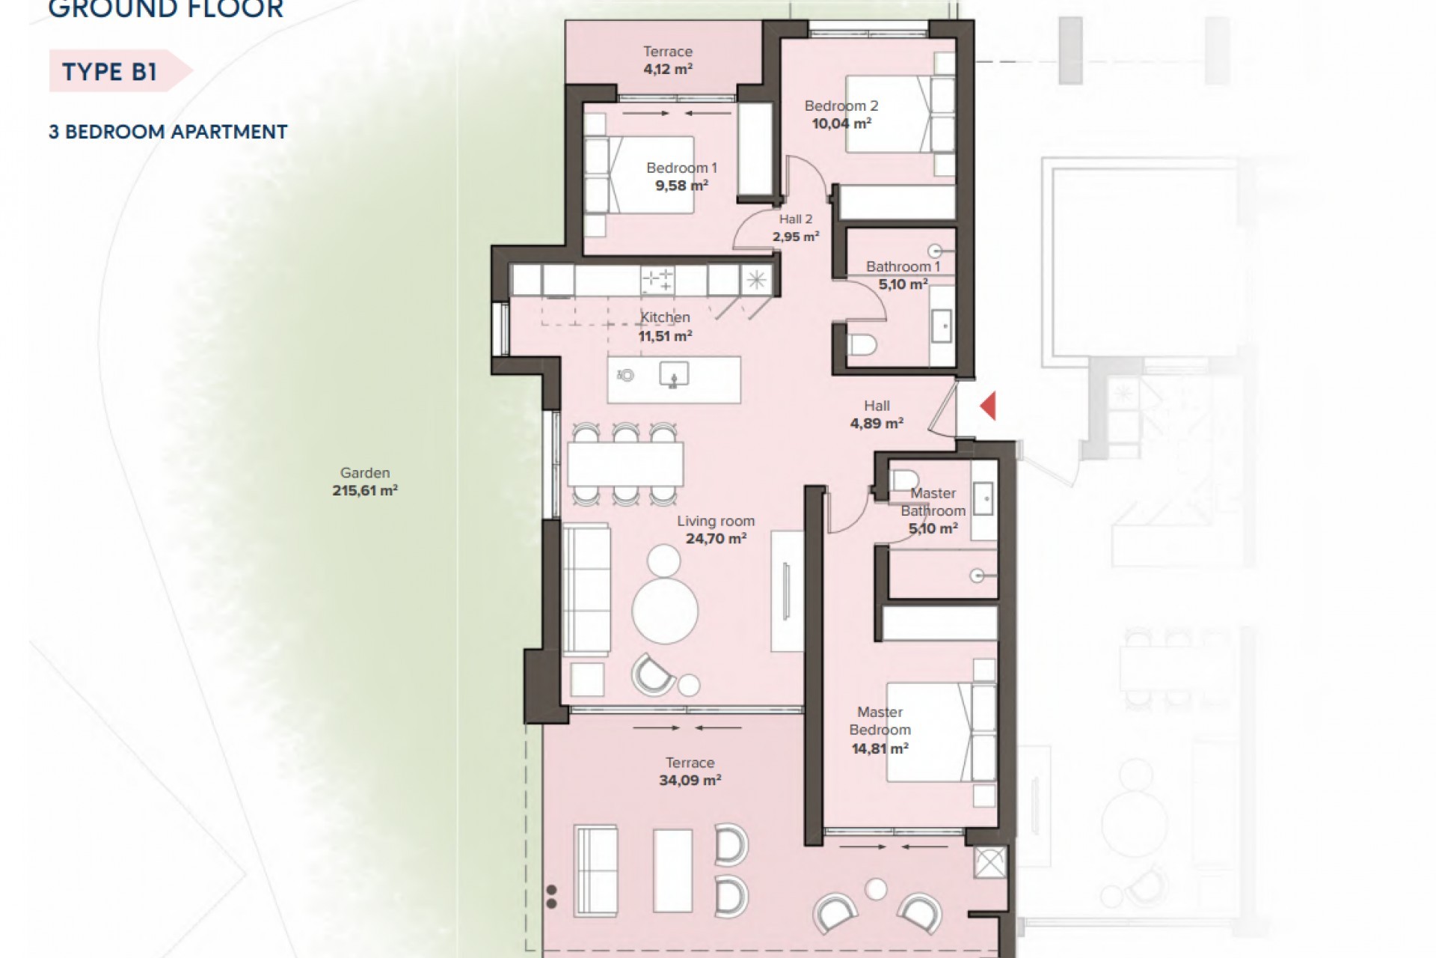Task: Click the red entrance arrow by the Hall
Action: [988, 406]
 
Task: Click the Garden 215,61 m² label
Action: [365, 482]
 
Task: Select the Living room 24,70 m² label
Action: [716, 529]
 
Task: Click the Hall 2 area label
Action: [796, 228]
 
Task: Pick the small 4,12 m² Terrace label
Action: [668, 60]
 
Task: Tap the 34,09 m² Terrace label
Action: [690, 772]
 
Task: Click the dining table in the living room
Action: [625, 463]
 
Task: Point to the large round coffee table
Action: [665, 611]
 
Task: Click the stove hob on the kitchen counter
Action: [657, 281]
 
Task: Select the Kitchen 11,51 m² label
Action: [665, 326]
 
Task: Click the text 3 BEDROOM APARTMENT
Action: [168, 132]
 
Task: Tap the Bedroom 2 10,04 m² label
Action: [841, 115]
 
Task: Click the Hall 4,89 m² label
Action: [877, 414]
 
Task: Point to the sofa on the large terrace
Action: [596, 871]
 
